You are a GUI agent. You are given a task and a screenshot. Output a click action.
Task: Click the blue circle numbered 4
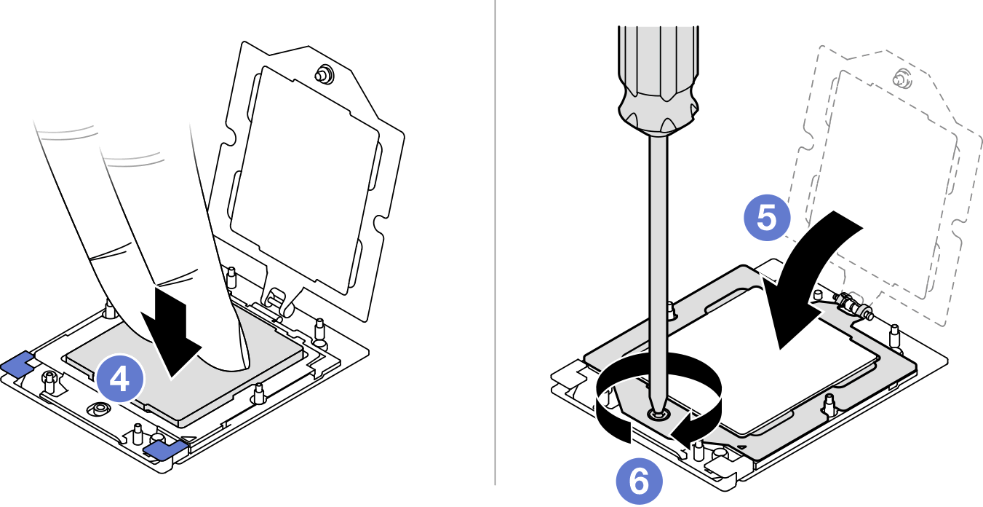[x=119, y=379]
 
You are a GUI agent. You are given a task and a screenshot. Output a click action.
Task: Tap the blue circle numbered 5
[x=767, y=218]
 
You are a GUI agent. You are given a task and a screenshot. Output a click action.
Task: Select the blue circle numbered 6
[x=639, y=481]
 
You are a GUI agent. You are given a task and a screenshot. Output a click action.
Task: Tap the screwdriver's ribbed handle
[x=658, y=79]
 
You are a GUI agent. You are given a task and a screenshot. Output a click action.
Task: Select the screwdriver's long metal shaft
[x=658, y=272]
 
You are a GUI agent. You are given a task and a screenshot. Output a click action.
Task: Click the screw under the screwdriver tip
[x=657, y=414]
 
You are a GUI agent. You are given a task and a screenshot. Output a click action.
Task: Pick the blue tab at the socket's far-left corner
[x=17, y=363]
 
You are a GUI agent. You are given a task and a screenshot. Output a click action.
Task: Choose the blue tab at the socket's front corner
[x=165, y=449]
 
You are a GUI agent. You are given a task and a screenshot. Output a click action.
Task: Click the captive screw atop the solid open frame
[x=325, y=75]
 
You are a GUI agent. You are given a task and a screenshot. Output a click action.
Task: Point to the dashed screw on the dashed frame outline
[x=902, y=79]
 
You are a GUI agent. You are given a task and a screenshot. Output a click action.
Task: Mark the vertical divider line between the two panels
[x=495, y=243]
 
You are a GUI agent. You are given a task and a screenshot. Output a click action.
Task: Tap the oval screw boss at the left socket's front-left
[x=100, y=409]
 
